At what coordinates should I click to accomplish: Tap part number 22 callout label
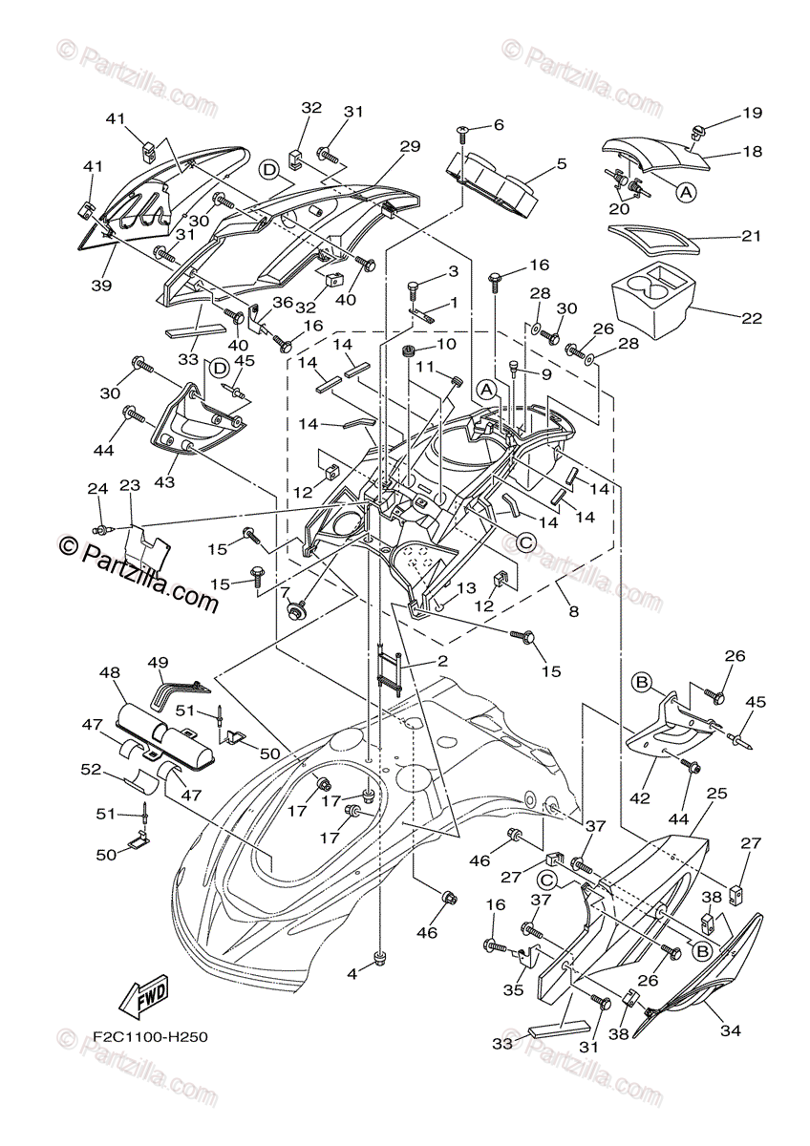pyautogui.click(x=752, y=318)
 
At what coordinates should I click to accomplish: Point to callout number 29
pyautogui.click(x=410, y=146)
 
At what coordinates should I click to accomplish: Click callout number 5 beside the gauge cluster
pyautogui.click(x=562, y=164)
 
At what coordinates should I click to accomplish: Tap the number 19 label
pyautogui.click(x=752, y=113)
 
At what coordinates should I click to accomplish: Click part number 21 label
pyautogui.click(x=751, y=236)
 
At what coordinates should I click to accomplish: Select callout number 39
pyautogui.click(x=102, y=285)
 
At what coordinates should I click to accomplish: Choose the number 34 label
pyautogui.click(x=730, y=1029)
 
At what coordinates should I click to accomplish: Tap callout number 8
pyautogui.click(x=574, y=610)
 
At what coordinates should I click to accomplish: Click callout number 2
pyautogui.click(x=442, y=661)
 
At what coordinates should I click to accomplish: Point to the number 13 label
pyautogui.click(x=467, y=587)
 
